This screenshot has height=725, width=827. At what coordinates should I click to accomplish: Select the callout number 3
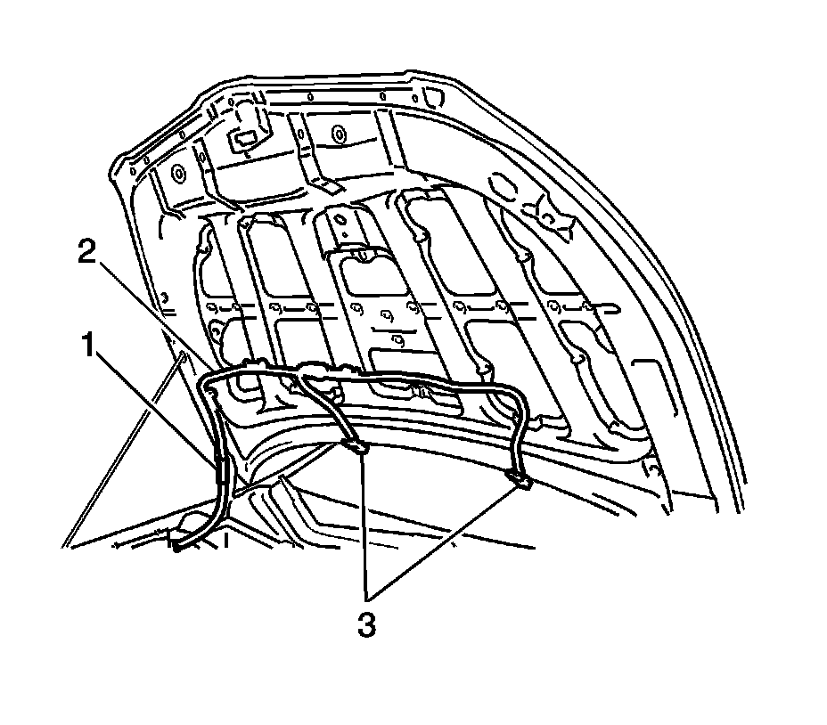pyautogui.click(x=366, y=624)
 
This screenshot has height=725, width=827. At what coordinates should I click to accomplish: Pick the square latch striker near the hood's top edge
pyautogui.click(x=242, y=137)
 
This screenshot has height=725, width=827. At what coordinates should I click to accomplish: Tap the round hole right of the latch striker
pyautogui.click(x=338, y=134)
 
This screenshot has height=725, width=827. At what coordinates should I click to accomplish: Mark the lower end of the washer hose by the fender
pyautogui.click(x=181, y=548)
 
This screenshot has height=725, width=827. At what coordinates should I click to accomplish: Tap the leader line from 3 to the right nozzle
pyautogui.click(x=446, y=534)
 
